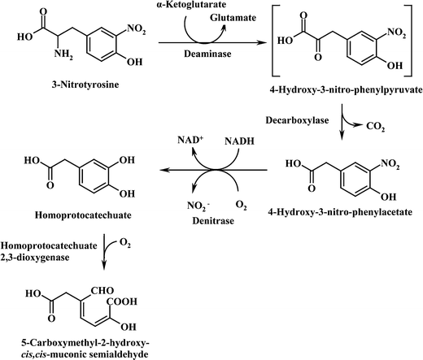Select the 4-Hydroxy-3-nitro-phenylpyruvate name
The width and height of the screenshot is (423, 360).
pyautogui.click(x=348, y=101)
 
